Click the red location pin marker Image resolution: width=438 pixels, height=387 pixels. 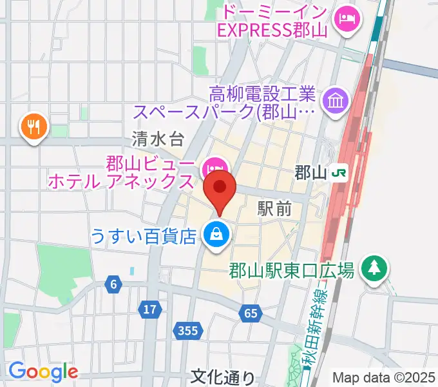[x=220, y=189]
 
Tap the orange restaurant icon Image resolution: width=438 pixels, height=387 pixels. [x=35, y=126]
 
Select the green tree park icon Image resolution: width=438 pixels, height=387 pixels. [x=373, y=266]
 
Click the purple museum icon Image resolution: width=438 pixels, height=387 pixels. [x=336, y=100]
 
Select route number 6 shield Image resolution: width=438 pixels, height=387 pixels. [x=114, y=284]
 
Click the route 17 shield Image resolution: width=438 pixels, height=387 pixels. [x=150, y=310]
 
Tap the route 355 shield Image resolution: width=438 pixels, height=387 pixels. [x=188, y=331]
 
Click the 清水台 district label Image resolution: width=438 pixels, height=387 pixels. [x=158, y=138]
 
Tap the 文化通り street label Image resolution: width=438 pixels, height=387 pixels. [x=223, y=377]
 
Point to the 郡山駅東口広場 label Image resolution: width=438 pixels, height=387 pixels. [x=291, y=270]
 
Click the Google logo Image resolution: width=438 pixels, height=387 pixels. [x=43, y=372]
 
